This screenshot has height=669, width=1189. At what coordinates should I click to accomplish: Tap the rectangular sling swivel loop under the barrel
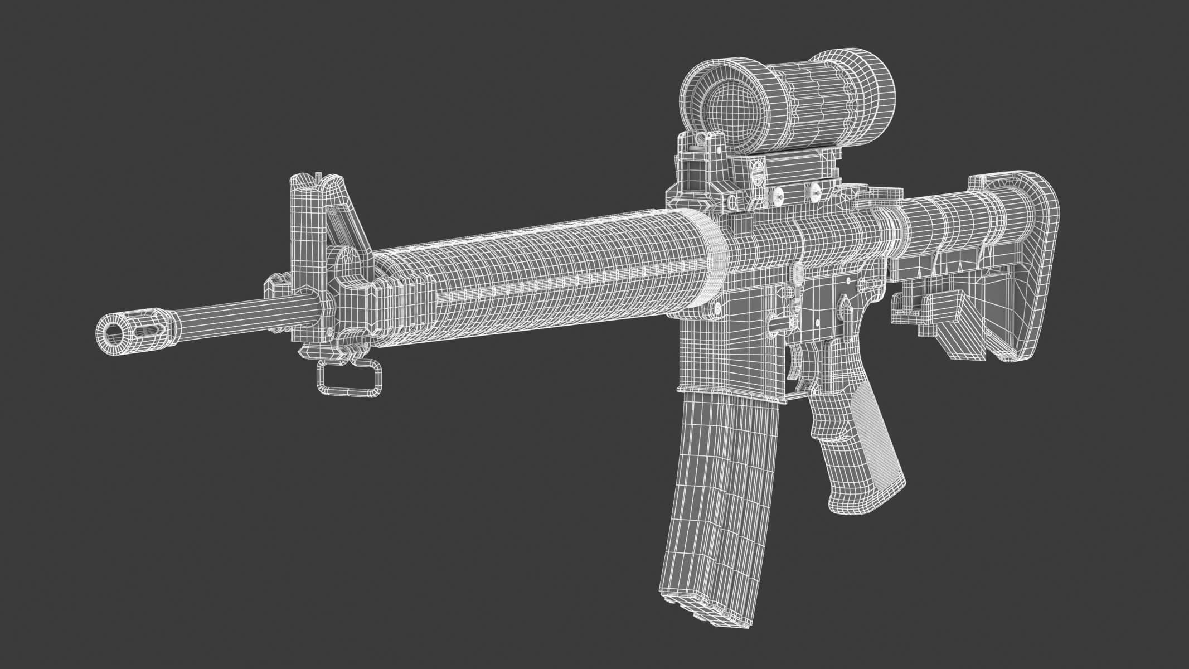coord(350,379)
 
